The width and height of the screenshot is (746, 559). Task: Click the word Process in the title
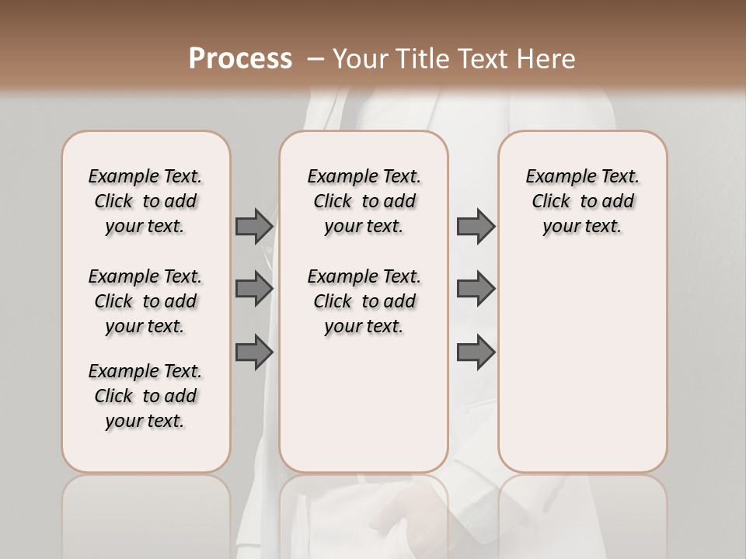(x=240, y=59)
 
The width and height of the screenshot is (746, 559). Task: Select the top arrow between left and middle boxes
(x=253, y=226)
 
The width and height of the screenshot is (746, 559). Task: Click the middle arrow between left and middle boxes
(x=253, y=288)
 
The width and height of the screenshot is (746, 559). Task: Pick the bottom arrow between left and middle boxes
(x=253, y=352)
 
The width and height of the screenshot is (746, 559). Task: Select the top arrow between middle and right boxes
(x=476, y=226)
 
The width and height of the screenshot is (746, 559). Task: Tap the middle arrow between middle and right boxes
(x=476, y=288)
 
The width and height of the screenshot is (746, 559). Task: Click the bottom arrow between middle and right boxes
(x=476, y=352)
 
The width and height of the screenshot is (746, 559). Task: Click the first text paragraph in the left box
(x=145, y=201)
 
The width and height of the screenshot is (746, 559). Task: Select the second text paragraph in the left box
(x=145, y=301)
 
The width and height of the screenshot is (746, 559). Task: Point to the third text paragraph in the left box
(x=145, y=396)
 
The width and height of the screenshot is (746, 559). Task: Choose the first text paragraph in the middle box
(x=364, y=201)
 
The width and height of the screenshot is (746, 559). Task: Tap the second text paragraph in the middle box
(x=364, y=301)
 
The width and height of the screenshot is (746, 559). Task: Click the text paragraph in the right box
(x=583, y=201)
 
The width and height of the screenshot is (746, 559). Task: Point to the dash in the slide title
(x=315, y=59)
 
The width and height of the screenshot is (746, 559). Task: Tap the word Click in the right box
(x=551, y=202)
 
